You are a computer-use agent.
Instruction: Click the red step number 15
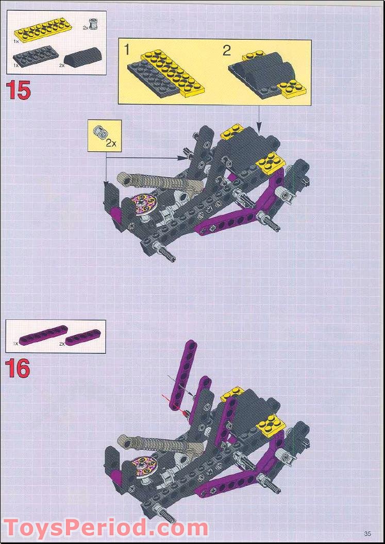click(x=18, y=90)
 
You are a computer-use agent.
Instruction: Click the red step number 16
click(x=18, y=368)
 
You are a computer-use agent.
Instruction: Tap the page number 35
click(x=367, y=533)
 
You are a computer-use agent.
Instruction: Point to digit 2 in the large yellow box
click(x=227, y=50)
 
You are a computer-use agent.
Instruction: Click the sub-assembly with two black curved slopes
click(x=265, y=75)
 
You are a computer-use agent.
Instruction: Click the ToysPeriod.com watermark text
click(x=106, y=528)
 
